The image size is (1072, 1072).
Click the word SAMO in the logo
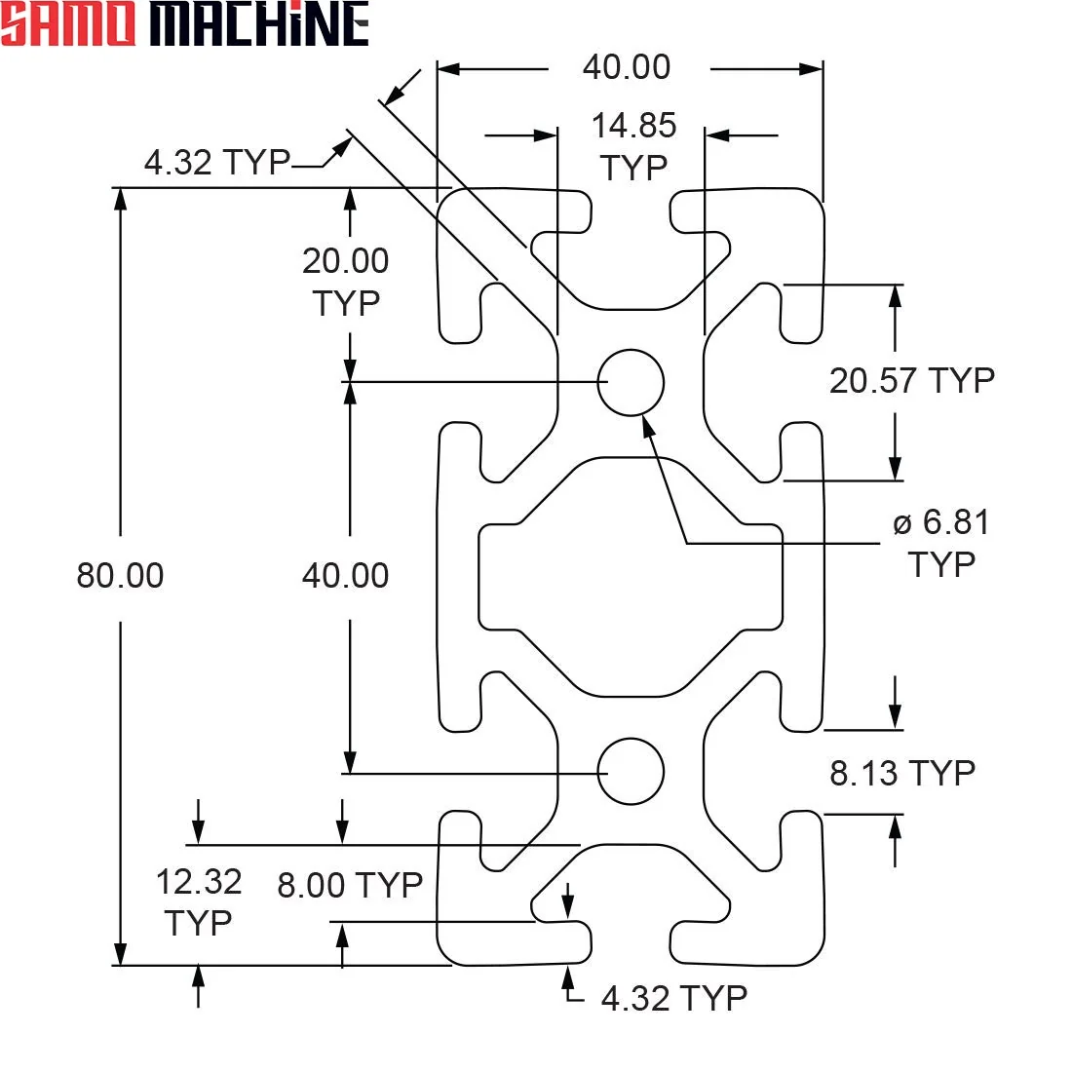(x=68, y=24)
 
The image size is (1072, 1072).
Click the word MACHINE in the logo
(x=260, y=24)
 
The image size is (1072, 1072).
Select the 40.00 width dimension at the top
(x=627, y=67)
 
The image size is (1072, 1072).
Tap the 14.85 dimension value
(x=633, y=126)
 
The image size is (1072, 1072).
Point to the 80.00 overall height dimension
(x=120, y=575)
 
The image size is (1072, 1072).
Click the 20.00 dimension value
(x=346, y=261)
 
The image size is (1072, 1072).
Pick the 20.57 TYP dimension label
(x=912, y=381)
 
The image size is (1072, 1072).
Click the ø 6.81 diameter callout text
(x=941, y=522)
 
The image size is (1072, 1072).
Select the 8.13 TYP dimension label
(x=902, y=773)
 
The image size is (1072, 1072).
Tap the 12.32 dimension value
(x=199, y=882)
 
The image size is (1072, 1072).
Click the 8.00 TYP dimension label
(x=350, y=885)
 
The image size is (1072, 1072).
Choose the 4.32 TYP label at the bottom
(x=674, y=998)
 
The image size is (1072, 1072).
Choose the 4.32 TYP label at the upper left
(x=217, y=163)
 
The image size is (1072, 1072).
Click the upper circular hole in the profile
(x=631, y=382)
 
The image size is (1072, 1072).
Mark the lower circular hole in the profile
(x=631, y=771)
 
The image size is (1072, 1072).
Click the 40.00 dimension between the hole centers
(x=346, y=576)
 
